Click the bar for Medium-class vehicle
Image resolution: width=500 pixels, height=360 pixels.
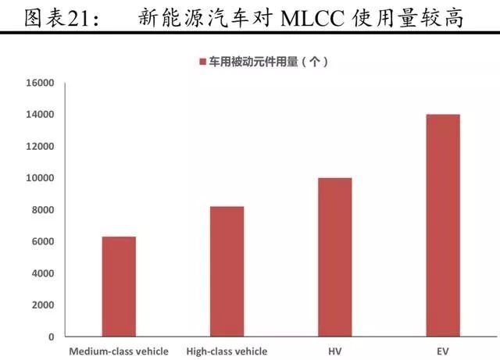(119, 287)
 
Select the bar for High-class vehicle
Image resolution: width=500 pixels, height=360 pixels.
(227, 271)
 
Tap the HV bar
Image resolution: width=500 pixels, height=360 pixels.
(335, 257)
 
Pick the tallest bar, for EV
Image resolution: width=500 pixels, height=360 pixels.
(443, 225)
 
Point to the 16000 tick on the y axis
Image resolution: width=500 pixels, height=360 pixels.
(40, 83)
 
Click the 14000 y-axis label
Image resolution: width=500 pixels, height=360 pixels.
(40, 115)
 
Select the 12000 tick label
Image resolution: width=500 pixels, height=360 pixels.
(40, 146)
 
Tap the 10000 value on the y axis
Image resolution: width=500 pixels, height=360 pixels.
(40, 178)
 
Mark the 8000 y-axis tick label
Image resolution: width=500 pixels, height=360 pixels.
(43, 210)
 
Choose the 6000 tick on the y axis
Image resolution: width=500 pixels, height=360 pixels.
(43, 241)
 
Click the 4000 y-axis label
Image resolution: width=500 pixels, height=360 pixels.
(43, 273)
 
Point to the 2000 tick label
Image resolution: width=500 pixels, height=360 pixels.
(43, 305)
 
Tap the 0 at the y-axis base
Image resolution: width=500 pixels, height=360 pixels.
(52, 337)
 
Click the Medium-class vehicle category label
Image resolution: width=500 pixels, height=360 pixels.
(119, 351)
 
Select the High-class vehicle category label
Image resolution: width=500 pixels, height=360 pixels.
(227, 351)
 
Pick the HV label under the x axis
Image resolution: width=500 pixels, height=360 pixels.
(335, 351)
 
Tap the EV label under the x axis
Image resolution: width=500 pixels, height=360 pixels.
(443, 351)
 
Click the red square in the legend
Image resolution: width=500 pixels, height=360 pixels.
(203, 62)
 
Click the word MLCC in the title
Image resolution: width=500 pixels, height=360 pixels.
(312, 18)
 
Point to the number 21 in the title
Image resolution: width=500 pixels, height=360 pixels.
(78, 19)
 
